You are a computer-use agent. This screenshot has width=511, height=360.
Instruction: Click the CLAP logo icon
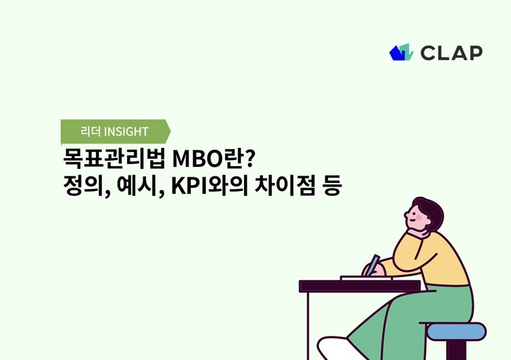pyautogui.click(x=401, y=53)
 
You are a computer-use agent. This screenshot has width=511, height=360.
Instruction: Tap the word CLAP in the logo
pyautogui.click(x=451, y=53)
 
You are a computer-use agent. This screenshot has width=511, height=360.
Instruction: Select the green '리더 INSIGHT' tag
pyautogui.click(x=114, y=131)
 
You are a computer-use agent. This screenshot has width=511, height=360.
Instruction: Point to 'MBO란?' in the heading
pyautogui.click(x=213, y=160)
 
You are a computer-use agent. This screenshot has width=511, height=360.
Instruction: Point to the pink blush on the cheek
pyautogui.click(x=418, y=220)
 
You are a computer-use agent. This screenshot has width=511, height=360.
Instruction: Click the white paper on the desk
pyautogui.click(x=365, y=278)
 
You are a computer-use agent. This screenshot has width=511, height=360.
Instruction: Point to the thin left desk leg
pyautogui.click(x=308, y=324)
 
